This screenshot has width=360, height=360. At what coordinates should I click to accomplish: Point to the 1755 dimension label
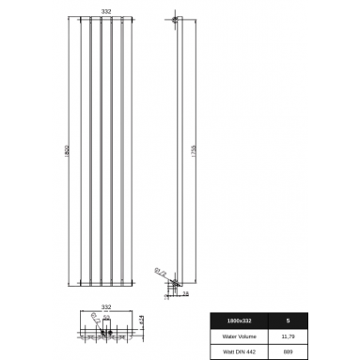tap(191, 149)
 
